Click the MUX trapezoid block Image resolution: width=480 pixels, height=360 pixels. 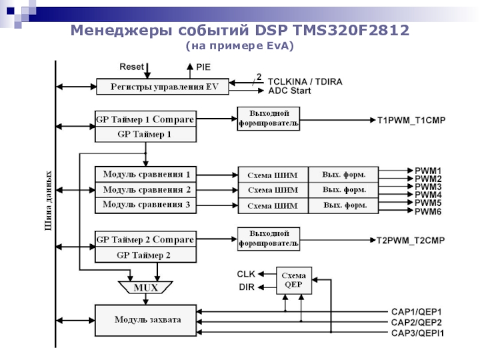coord(146,287)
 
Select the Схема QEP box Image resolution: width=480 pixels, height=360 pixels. coord(294,279)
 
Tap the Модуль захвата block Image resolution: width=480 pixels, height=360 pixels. coord(146,320)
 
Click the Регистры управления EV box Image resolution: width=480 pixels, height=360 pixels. coord(163,87)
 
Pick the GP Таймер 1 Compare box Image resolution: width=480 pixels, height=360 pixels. coord(146,119)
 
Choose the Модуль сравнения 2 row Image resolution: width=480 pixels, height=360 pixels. coord(146,190)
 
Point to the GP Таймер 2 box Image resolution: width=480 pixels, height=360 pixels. coord(146,255)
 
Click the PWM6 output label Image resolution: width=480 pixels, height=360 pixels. coord(428,212)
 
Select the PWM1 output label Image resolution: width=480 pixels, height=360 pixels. coord(428,170)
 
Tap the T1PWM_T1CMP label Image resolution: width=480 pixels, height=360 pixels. coord(411,120)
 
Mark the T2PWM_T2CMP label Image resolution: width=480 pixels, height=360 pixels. coord(410,241)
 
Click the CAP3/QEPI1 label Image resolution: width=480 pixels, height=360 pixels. coord(418,332)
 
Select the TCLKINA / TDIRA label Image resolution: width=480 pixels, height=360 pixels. coord(305,81)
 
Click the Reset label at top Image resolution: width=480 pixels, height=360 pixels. coord(132,67)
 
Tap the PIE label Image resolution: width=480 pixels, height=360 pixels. coord(203,67)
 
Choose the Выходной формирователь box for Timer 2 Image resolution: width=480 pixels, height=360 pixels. coord(268,239)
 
